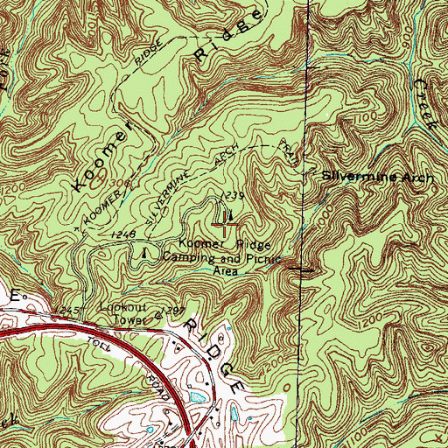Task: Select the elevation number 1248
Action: [122, 235]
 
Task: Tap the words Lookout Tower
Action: [122, 314]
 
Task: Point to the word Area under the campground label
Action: [226, 270]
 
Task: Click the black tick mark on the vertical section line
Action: [305, 270]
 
